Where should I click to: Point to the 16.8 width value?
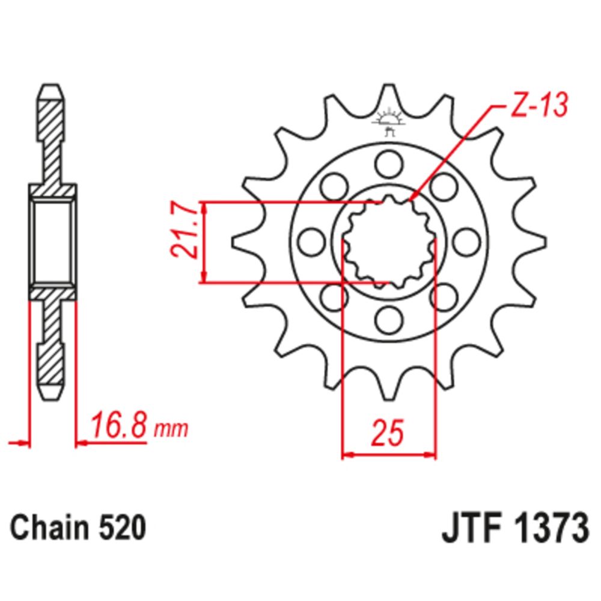tap(118, 427)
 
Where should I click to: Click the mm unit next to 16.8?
tap(171, 430)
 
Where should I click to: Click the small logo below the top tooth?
tap(388, 123)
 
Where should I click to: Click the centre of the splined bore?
tap(388, 241)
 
